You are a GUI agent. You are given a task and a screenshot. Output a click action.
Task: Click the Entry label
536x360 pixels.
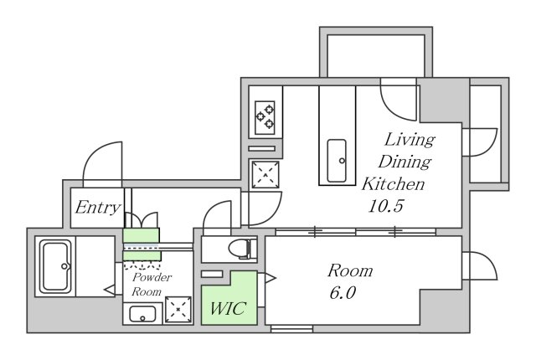[97, 208]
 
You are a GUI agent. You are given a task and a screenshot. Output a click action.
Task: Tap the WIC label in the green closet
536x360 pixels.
[228, 308]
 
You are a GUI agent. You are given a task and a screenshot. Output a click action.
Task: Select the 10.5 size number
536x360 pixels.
[385, 206]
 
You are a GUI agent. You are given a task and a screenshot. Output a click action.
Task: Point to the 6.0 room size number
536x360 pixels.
[344, 294]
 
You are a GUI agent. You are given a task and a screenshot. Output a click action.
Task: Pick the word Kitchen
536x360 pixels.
[394, 183]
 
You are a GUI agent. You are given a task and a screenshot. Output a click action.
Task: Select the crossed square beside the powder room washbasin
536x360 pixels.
[180, 311]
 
